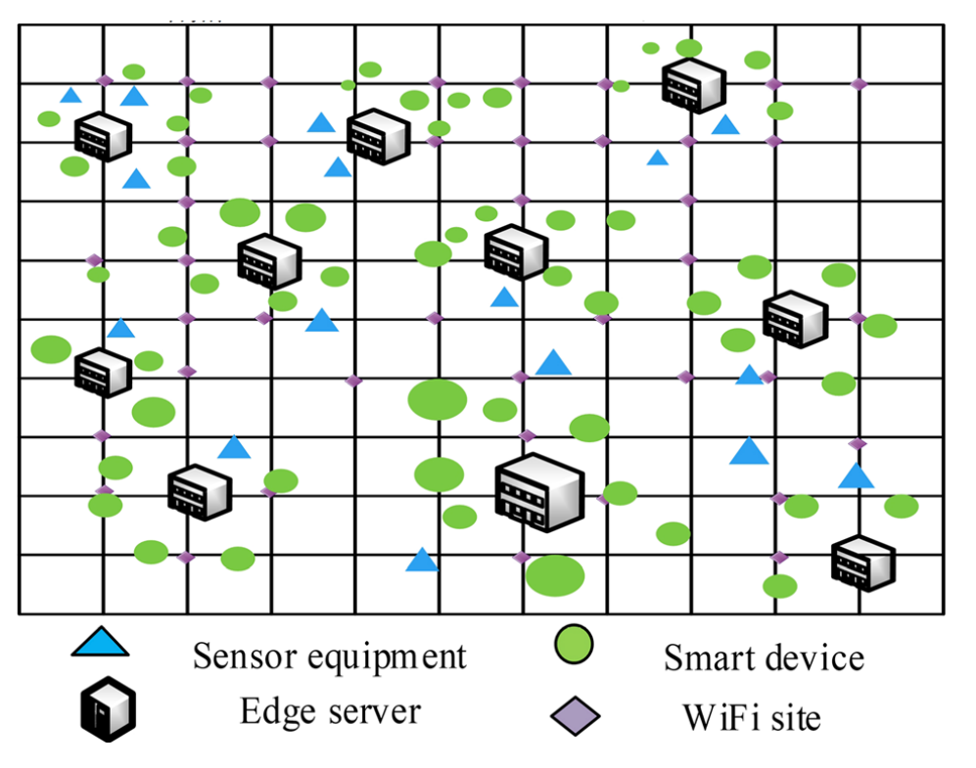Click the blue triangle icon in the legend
[x=100, y=643]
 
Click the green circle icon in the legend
[x=574, y=645]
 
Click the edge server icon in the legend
[x=109, y=709]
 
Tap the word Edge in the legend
[x=278, y=712]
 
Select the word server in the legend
[x=375, y=712]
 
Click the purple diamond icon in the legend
[x=576, y=716]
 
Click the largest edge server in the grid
[x=539, y=492]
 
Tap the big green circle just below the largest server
[x=555, y=576]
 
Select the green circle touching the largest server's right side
[x=620, y=493]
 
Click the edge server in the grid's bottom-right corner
[x=863, y=563]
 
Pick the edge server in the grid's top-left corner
[x=103, y=136]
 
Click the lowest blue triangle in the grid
[x=422, y=560]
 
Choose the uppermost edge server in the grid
[x=693, y=85]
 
